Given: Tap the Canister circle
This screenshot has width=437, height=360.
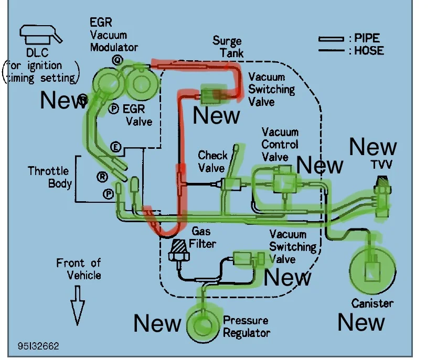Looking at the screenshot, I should click(372, 269).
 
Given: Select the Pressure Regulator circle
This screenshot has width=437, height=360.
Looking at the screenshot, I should click(201, 325).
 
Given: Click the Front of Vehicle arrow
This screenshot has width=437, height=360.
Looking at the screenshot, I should click(78, 304).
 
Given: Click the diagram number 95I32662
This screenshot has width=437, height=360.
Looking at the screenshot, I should click(38, 346).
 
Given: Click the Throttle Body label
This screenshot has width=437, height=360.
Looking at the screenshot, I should click(49, 177).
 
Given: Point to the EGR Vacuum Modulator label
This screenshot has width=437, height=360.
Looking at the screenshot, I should click(113, 35).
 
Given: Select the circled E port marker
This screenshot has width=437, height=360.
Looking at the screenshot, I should click(116, 148).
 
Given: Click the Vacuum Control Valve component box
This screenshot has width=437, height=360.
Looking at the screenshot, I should click(284, 183).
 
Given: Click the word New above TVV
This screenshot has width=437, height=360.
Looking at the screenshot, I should click(373, 148).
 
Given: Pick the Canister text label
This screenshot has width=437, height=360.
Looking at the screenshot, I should click(372, 303).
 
